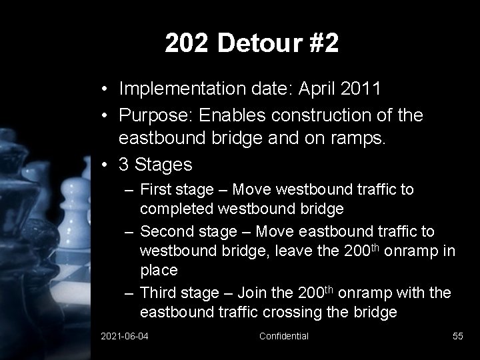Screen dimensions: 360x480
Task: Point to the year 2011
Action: click(x=360, y=88)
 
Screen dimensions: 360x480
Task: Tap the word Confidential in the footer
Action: click(x=283, y=336)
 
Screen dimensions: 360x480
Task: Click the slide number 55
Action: click(x=457, y=336)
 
